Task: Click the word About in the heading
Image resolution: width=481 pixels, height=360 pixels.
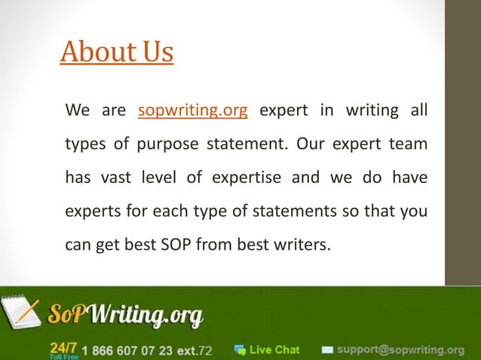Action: tap(93, 52)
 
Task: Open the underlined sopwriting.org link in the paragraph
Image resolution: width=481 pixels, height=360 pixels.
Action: tap(193, 111)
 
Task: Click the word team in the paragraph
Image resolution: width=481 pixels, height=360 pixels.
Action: tap(410, 144)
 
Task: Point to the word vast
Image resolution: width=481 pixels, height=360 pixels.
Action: tap(112, 177)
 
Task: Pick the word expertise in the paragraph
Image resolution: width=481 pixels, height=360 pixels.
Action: tap(249, 177)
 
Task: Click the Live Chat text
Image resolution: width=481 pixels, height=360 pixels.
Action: tap(274, 349)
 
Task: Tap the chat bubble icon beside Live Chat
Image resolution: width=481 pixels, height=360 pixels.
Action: tap(240, 349)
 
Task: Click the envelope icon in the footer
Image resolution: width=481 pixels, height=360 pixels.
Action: tap(327, 349)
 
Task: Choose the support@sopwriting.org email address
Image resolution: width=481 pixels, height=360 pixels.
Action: tap(400, 349)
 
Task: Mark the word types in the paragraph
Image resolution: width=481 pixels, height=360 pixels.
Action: tap(85, 144)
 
